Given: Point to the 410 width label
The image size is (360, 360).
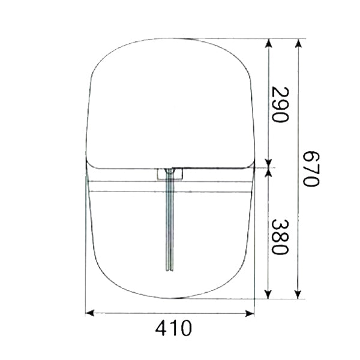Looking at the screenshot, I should pyautogui.click(x=173, y=329).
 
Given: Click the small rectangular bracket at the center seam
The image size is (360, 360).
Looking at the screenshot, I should pyautogui.click(x=170, y=174).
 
